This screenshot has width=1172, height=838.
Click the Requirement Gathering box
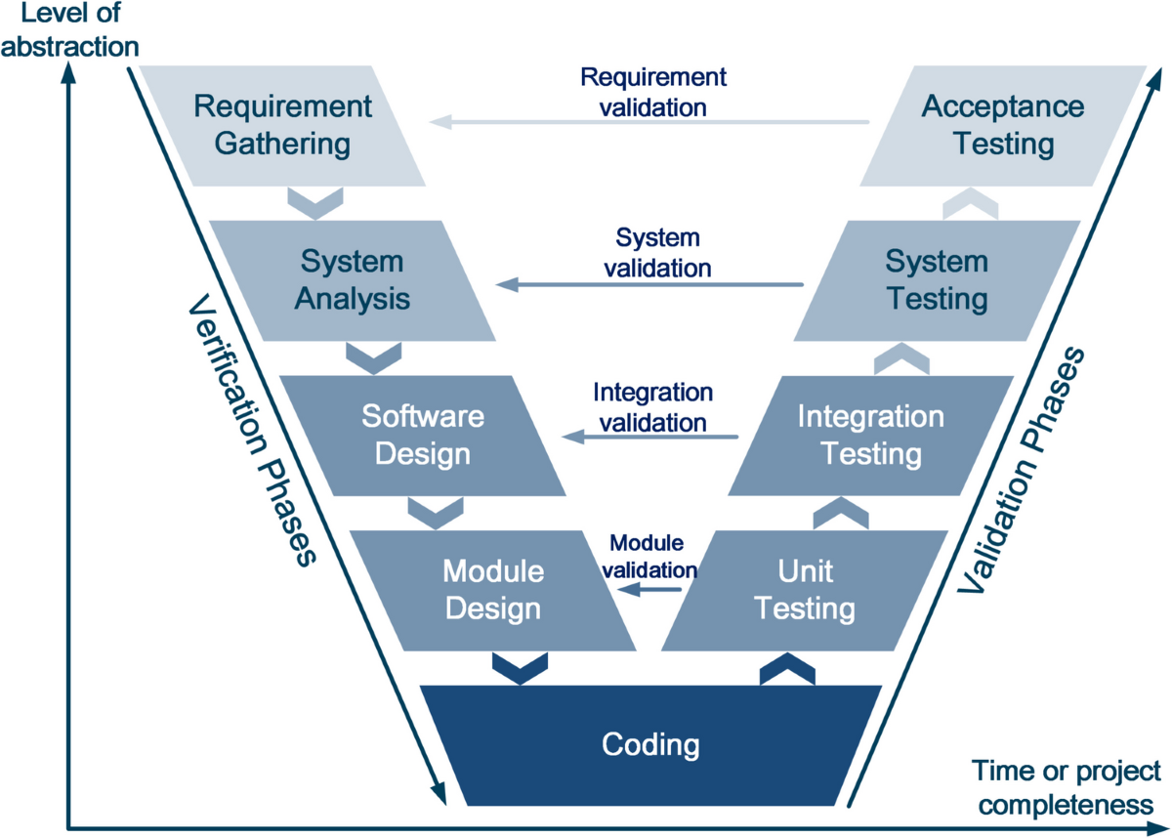tap(281, 125)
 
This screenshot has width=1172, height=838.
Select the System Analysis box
tap(352, 280)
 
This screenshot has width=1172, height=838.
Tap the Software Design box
tap(423, 435)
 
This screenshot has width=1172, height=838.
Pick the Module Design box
tap(492, 590)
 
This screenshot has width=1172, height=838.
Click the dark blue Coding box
tap(650, 745)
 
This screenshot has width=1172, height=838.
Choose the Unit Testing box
tap(806, 590)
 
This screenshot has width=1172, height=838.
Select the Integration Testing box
tap(871, 435)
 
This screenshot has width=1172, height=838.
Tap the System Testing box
tap(937, 280)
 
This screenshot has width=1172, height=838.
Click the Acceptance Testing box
tap(1003, 125)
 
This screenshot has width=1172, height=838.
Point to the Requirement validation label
tap(653, 92)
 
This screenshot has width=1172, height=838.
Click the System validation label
tap(658, 252)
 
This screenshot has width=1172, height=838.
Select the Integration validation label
tap(652, 407)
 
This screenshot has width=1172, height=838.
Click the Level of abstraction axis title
tap(68, 31)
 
